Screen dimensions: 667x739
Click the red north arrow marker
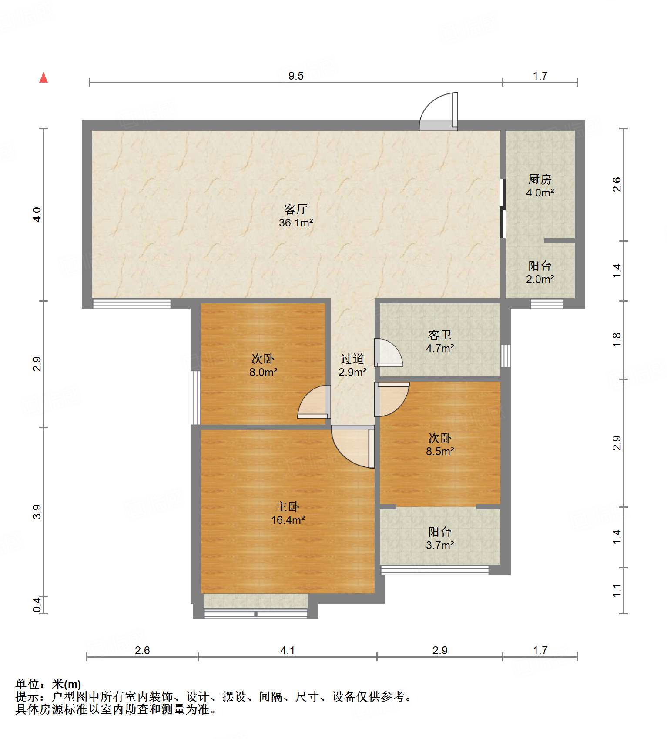click(44, 77)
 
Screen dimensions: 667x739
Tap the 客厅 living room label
click(296, 209)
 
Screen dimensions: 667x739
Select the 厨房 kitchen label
click(540, 179)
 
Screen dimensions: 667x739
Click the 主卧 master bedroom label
click(288, 506)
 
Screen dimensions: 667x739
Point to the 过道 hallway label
click(352, 359)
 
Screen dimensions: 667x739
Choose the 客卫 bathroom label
click(440, 335)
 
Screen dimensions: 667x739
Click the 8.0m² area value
click(263, 372)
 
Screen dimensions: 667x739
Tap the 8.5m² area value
click(440, 451)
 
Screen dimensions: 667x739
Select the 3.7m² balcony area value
click(440, 545)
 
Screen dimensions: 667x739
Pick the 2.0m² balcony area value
click(540, 279)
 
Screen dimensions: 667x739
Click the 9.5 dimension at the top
click(296, 76)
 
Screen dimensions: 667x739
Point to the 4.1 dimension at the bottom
click(287, 650)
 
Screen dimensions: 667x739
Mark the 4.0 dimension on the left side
click(37, 215)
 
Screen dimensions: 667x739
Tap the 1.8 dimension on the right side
click(617, 340)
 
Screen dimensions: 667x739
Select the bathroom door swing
click(389, 352)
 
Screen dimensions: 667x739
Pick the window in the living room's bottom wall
click(132, 304)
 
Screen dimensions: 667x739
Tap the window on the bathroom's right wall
click(506, 356)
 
